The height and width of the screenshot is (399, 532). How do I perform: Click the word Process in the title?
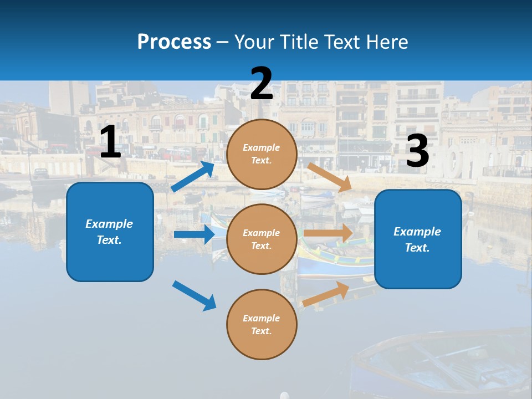(x=174, y=42)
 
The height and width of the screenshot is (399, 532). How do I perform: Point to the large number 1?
(x=110, y=142)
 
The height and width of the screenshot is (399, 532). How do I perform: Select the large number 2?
(x=262, y=84)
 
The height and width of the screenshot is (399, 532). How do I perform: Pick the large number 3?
(x=417, y=151)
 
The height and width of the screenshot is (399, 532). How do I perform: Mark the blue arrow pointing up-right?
(x=193, y=177)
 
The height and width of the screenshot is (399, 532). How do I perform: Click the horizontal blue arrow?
(x=194, y=234)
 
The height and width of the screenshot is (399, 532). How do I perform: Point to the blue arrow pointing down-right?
(x=195, y=295)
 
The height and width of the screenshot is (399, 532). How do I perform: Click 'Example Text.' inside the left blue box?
(x=109, y=232)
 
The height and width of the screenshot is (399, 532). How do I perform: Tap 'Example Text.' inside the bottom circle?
(x=262, y=324)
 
